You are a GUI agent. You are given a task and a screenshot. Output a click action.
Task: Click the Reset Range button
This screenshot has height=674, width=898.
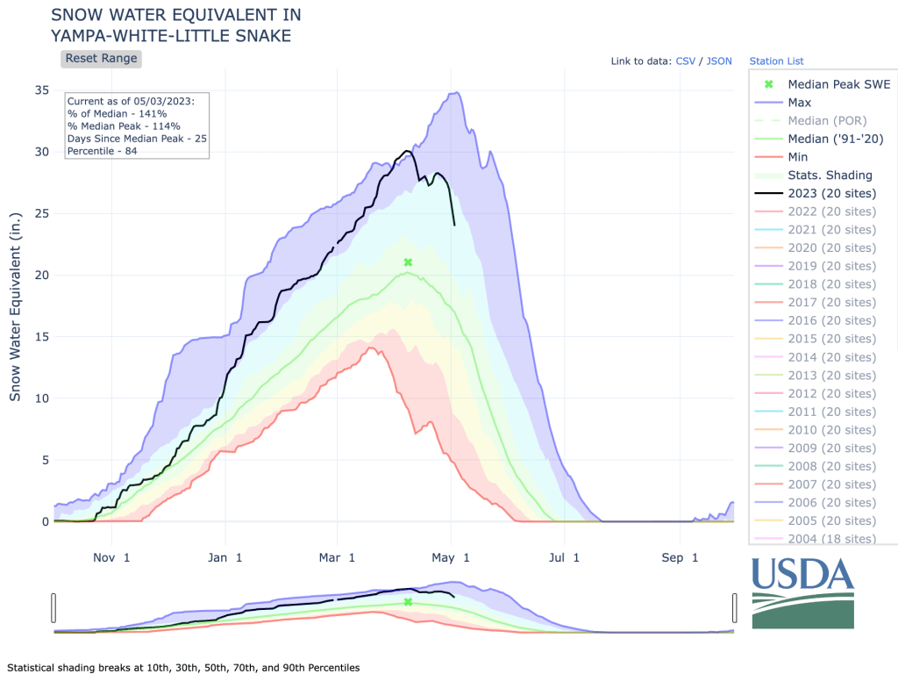click(101, 59)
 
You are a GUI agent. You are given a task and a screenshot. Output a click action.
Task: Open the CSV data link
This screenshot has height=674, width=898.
click(685, 61)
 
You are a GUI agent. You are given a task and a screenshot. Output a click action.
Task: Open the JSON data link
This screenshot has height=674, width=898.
click(719, 61)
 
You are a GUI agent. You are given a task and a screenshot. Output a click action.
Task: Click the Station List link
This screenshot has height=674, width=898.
click(776, 61)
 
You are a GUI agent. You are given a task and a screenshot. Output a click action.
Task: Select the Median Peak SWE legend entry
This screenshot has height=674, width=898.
click(838, 84)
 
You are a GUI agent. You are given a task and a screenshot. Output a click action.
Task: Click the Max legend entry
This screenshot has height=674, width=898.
click(799, 103)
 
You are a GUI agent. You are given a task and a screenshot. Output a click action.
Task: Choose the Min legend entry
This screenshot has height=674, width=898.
click(798, 157)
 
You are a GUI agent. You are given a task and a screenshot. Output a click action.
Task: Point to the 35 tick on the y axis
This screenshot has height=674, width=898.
click(41, 90)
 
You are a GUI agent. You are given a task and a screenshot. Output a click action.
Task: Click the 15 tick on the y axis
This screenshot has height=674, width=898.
click(41, 337)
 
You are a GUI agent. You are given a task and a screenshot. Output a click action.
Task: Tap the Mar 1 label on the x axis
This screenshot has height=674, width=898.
click(338, 557)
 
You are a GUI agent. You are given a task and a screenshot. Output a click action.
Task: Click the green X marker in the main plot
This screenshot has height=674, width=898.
click(408, 262)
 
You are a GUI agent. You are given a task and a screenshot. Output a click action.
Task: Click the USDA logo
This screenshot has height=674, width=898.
click(802, 592)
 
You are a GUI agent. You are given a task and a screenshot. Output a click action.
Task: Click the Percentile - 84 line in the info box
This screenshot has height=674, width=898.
click(102, 151)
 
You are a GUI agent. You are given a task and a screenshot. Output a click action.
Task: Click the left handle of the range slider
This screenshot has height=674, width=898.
click(54, 607)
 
